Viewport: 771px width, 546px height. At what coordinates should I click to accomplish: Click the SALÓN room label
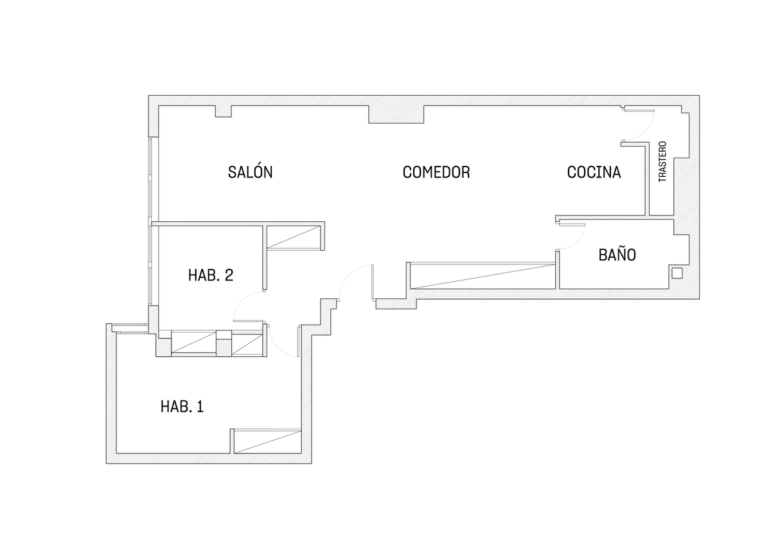pyautogui.click(x=250, y=171)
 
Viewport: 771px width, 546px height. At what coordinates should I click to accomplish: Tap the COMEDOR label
pyautogui.click(x=436, y=172)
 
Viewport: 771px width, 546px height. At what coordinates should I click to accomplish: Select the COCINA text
pyautogui.click(x=594, y=172)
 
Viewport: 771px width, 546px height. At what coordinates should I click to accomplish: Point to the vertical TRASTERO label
pyautogui.click(x=662, y=161)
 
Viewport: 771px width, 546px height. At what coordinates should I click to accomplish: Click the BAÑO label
pyautogui.click(x=617, y=254)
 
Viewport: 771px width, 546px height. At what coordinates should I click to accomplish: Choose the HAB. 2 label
pyautogui.click(x=211, y=275)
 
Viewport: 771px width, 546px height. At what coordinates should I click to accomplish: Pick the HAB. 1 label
pyautogui.click(x=182, y=406)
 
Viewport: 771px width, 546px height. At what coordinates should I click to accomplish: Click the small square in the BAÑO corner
pyautogui.click(x=677, y=273)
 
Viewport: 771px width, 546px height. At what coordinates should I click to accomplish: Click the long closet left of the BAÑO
pyautogui.click(x=483, y=276)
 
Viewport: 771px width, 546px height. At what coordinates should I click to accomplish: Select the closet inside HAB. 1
pyautogui.click(x=267, y=441)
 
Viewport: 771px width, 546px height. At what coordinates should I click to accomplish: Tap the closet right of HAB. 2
pyautogui.click(x=294, y=237)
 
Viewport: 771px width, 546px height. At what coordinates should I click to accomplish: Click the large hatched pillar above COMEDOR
pyautogui.click(x=396, y=114)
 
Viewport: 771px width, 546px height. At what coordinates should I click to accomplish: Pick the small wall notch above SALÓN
pyautogui.click(x=224, y=111)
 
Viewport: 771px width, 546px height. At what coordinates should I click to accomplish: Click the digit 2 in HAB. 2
pyautogui.click(x=229, y=275)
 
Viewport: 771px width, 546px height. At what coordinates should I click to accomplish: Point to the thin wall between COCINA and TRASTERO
pyautogui.click(x=647, y=179)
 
